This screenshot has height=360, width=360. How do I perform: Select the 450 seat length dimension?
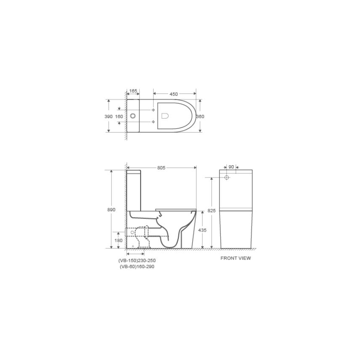[174, 94]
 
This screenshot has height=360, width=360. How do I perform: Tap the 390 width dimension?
[108, 116]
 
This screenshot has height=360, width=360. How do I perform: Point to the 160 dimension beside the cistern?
[119, 116]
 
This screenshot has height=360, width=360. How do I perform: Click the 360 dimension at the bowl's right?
[201, 116]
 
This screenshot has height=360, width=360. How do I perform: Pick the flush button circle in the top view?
[133, 116]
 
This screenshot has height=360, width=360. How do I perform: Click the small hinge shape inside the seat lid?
[165, 116]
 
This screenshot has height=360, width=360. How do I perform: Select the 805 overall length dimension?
[161, 168]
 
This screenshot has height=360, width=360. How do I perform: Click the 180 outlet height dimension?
[119, 240]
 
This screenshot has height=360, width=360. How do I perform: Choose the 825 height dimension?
[212, 210]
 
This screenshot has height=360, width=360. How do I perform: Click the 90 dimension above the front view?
[231, 167]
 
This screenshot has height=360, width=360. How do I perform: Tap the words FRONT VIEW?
[235, 258]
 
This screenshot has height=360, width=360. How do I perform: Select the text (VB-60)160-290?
[136, 267]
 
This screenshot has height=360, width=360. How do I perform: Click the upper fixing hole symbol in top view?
[153, 110]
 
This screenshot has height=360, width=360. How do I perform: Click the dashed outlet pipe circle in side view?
[133, 233]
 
